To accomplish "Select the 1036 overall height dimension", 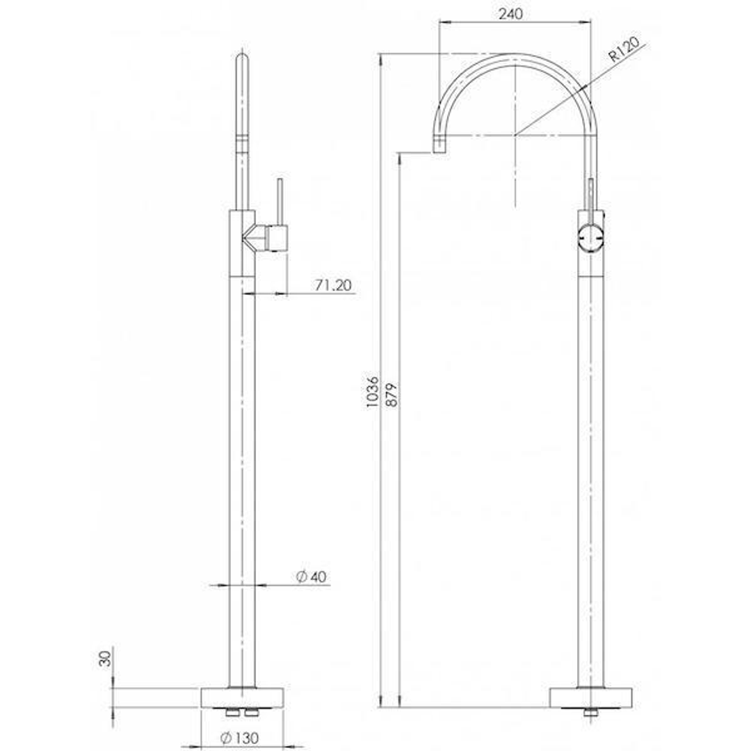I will [373, 391].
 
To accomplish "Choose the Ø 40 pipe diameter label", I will [311, 576].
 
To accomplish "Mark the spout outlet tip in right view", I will [439, 145].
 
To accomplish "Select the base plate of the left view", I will [242, 697].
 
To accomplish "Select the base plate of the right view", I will [590, 697].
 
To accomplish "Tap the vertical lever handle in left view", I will [280, 202].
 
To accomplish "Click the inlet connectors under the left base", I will [242, 713].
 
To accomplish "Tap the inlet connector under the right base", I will [590, 713].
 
